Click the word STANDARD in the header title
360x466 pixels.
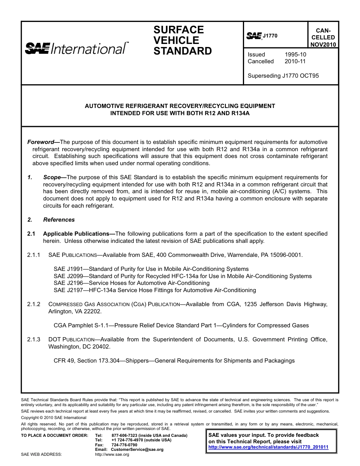(182, 51)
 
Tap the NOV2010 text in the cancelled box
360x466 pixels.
(323, 44)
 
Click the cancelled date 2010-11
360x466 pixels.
(295, 61)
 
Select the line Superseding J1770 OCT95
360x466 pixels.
(283, 76)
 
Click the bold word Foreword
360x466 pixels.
(41, 142)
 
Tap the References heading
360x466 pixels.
(59, 220)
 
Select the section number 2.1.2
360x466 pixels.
(34, 304)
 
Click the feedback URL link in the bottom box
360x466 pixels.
(268, 447)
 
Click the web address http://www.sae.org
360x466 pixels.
(112, 455)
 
